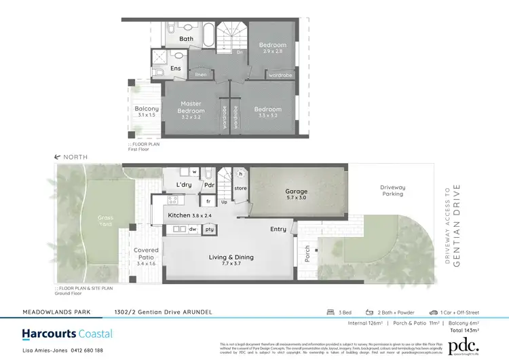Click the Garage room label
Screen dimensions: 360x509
pos(296,192)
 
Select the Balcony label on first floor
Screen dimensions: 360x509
pos(147,109)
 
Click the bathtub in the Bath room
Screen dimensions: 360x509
pos(208,33)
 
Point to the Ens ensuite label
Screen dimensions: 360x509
pos(176,68)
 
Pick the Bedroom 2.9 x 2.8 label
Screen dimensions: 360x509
pos(273,46)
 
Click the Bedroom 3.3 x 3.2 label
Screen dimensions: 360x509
pos(268,109)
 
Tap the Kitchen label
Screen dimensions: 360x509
pos(181,215)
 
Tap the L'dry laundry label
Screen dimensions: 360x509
pos(183,185)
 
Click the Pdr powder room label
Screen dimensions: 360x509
pos(210,185)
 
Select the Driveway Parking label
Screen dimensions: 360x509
pos(392,190)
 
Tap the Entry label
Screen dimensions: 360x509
pos(278,229)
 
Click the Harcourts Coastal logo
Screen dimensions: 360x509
pos(67,334)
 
